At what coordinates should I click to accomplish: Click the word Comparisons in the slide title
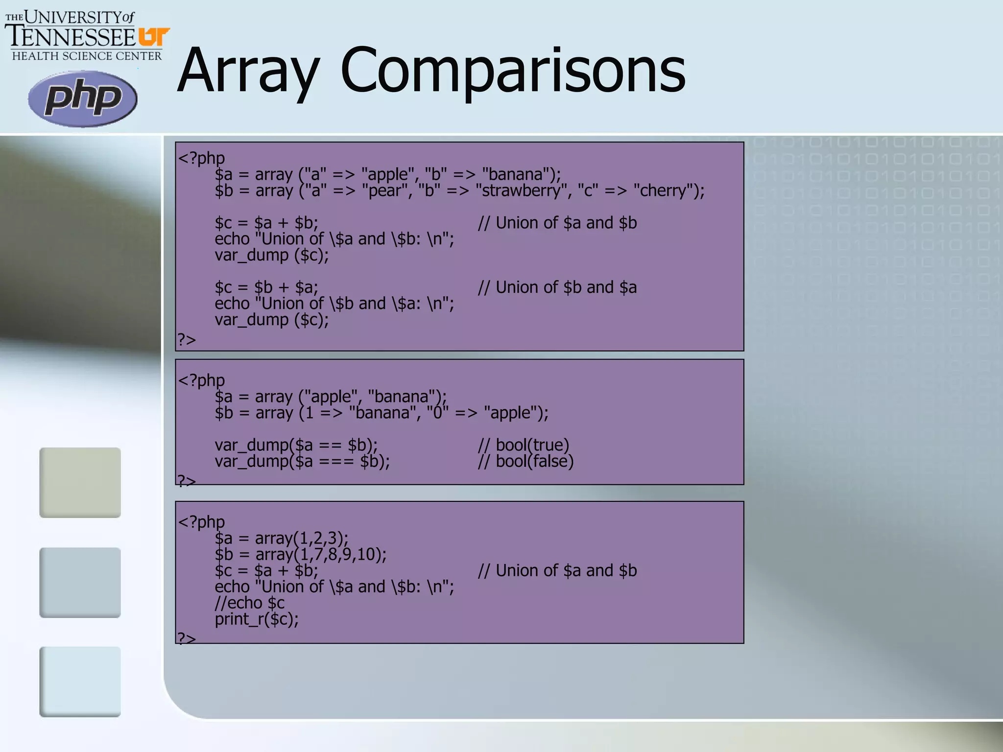(x=513, y=71)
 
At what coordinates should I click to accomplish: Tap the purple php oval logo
(x=82, y=98)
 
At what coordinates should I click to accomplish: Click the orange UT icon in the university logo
(x=153, y=37)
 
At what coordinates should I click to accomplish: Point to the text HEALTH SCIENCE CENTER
(x=87, y=56)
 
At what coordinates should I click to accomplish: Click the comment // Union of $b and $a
(x=557, y=287)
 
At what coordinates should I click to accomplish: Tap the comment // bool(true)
(x=524, y=445)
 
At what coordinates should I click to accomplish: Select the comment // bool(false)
(x=525, y=461)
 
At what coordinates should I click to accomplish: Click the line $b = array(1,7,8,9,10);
(x=300, y=554)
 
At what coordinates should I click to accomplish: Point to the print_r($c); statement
(x=257, y=619)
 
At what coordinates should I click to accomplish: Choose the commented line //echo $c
(x=249, y=603)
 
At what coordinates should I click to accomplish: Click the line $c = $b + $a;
(x=266, y=287)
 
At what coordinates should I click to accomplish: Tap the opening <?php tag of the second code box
(x=201, y=380)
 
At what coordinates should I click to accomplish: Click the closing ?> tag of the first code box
(x=186, y=339)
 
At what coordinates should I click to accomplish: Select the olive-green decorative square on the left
(x=80, y=482)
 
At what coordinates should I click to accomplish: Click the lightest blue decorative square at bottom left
(x=80, y=681)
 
